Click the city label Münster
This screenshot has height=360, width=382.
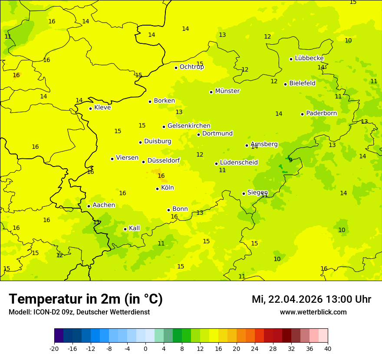pyautogui.click(x=227, y=91)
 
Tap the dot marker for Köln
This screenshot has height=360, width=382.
pyautogui.click(x=157, y=189)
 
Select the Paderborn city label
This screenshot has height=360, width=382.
pyautogui.click(x=322, y=113)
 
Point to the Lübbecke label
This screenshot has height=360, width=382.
pyautogui.click(x=310, y=58)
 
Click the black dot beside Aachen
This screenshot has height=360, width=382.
pyautogui.click(x=89, y=206)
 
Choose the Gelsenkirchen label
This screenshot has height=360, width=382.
pyautogui.click(x=189, y=126)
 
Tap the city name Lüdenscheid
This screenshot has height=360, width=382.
pyautogui.click(x=239, y=163)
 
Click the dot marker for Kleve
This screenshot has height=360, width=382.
pyautogui.click(x=90, y=108)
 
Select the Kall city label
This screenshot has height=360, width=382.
pyautogui.click(x=135, y=228)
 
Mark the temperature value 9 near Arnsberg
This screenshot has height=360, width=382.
pyautogui.click(x=290, y=160)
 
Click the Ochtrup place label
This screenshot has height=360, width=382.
pyautogui.click(x=192, y=67)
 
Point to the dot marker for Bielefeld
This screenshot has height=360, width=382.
pyautogui.click(x=285, y=84)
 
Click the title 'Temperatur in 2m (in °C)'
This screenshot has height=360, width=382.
pyautogui.click(x=86, y=299)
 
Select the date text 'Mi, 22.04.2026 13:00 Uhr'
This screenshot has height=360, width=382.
pyautogui.click(x=311, y=299)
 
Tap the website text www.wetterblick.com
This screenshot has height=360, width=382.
pyautogui.click(x=313, y=312)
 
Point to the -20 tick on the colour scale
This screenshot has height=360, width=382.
pyautogui.click(x=54, y=349)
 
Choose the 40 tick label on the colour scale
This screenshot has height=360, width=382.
pyautogui.click(x=327, y=349)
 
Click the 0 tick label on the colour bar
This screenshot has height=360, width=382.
pyautogui.click(x=145, y=349)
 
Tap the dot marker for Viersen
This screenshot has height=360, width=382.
pyautogui.click(x=112, y=159)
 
